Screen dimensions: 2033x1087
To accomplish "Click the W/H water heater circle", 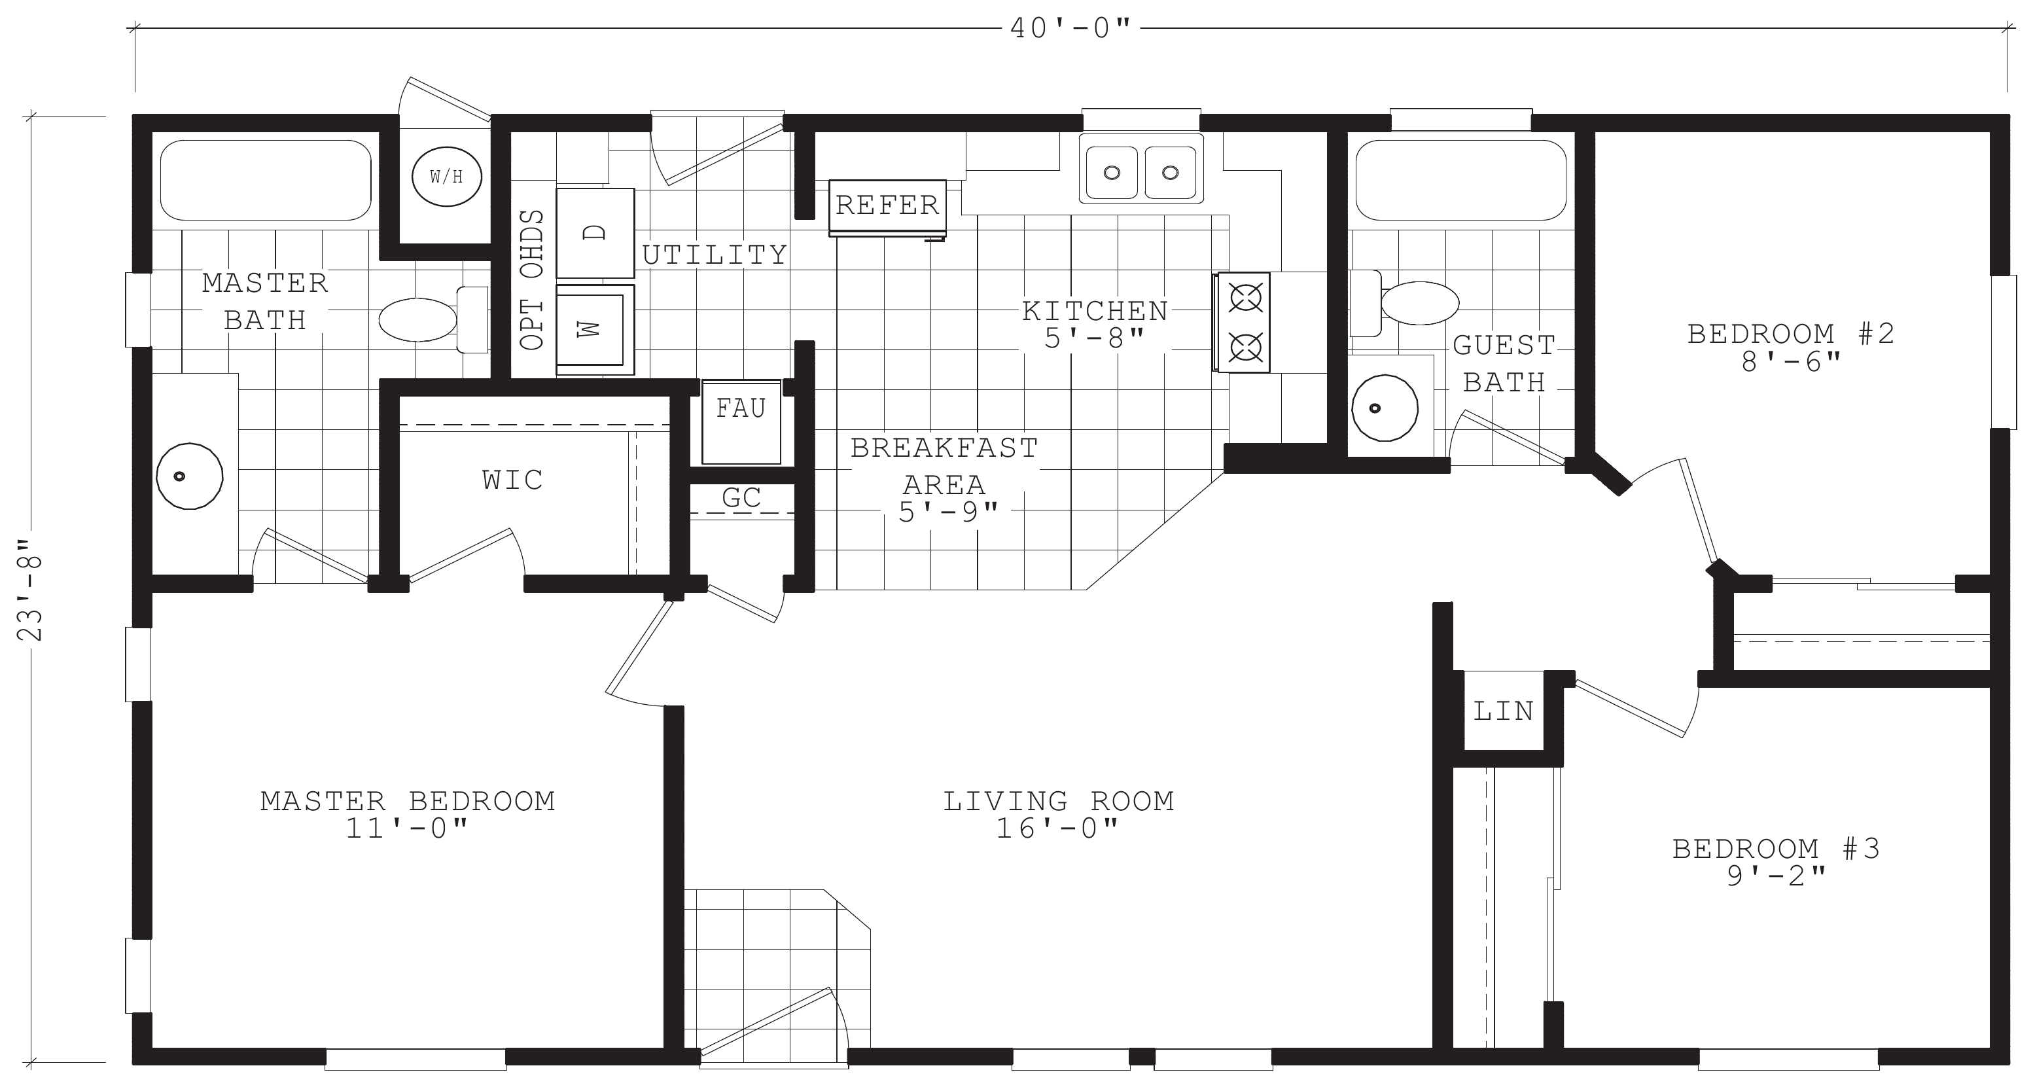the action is point(448,177).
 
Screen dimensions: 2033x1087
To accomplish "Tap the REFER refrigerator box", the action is point(887,207).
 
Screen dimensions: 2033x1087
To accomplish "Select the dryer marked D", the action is point(595,233).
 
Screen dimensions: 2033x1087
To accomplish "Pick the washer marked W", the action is point(595,329).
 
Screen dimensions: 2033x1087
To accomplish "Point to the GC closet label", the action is point(741,497).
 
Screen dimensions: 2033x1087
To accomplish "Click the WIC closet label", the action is point(513,480).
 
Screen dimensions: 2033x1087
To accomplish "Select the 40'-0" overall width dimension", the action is point(1071,28).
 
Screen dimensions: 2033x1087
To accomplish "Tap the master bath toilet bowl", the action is point(418,320).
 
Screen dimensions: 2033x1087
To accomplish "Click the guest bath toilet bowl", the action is point(1420,303).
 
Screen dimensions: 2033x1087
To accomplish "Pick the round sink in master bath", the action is point(189,476).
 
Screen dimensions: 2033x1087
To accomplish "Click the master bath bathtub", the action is point(266,180).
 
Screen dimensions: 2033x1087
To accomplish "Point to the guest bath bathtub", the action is point(1461,180).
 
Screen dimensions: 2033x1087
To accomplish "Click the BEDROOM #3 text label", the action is point(1777,849).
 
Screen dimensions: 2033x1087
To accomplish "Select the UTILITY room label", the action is point(715,255).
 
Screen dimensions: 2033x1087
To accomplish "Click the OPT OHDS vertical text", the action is point(533,280).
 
